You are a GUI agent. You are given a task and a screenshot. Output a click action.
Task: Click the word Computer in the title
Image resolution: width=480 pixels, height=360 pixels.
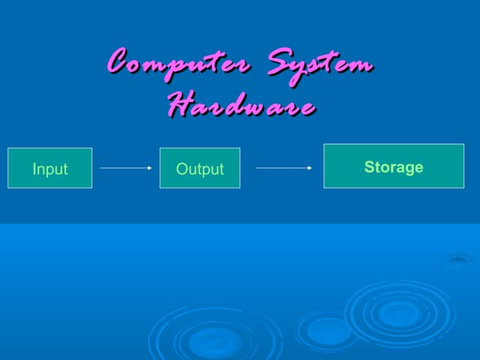pos(178,64)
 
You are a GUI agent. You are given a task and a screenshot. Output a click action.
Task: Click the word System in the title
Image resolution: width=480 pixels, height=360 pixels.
pos(320,66)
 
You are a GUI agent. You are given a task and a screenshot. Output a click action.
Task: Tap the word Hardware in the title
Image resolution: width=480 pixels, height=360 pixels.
pos(241,104)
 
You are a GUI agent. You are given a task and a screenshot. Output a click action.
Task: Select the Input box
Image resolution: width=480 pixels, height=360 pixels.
pos(50,168)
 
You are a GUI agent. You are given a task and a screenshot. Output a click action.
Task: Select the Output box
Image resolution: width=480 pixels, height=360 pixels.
pos(200,168)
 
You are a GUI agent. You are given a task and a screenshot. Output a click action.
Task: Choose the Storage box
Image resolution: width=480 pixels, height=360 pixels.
pos(394,166)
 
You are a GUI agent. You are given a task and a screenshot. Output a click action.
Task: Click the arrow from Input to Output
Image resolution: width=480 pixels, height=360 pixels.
pos(126,168)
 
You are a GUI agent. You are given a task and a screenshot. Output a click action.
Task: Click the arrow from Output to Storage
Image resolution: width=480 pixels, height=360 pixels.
pos(283,168)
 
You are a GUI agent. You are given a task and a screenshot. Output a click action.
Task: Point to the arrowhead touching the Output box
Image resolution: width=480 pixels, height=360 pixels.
pos(150,168)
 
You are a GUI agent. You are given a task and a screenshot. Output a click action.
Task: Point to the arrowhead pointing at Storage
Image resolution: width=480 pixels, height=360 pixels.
pos(310,168)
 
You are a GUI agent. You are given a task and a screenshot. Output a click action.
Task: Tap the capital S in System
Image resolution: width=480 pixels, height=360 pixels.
pos(280,61)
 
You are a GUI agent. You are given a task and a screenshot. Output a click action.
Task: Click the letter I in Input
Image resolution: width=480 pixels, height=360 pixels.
pos(34,169)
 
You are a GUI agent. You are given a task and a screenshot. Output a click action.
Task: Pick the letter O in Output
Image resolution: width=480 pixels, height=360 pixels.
pos(182,169)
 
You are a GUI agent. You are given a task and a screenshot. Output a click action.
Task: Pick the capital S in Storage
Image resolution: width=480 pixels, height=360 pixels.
pos(369,167)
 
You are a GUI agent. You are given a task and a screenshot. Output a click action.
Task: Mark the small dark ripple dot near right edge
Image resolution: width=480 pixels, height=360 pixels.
pos(458,260)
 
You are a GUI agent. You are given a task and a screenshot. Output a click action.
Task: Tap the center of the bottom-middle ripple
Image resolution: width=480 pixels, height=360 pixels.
pos(215,340)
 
